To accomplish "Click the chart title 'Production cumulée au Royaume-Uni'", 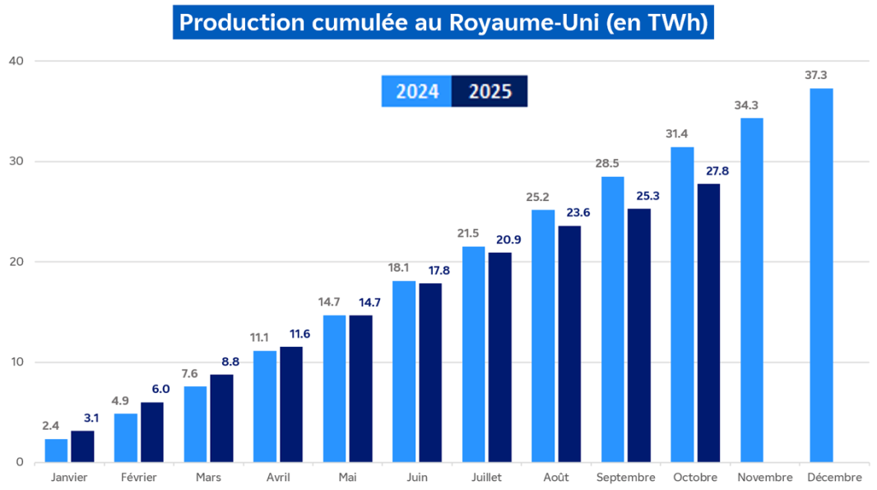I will coord(443,22).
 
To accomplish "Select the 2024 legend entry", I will coord(417,91).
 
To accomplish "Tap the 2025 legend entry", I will coord(490,91).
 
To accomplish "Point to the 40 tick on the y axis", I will coord(16,61).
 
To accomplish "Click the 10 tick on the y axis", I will coord(16,362).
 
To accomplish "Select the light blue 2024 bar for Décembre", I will coord(821,275).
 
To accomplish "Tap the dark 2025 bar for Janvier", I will coord(82,446).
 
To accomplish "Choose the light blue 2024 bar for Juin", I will coord(404,371).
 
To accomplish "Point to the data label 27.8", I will coord(708,170).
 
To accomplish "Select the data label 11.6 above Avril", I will coord(291,334).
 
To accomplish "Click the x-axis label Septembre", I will coord(626,478).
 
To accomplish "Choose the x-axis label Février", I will coord(138,478).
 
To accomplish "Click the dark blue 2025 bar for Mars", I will coord(221,418).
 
